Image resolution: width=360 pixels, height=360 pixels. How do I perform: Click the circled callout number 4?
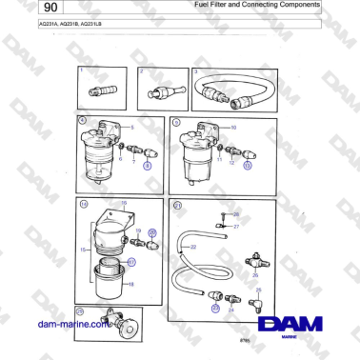pyautogui.click(x=82, y=121)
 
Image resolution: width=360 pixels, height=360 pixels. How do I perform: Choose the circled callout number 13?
pyautogui.click(x=248, y=165)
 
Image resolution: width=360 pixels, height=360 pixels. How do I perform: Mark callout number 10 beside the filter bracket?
pyautogui.click(x=233, y=126)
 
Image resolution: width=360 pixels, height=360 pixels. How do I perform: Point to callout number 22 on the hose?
pyautogui.click(x=193, y=247)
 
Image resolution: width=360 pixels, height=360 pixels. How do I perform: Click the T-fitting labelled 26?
pyautogui.click(x=255, y=260)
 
